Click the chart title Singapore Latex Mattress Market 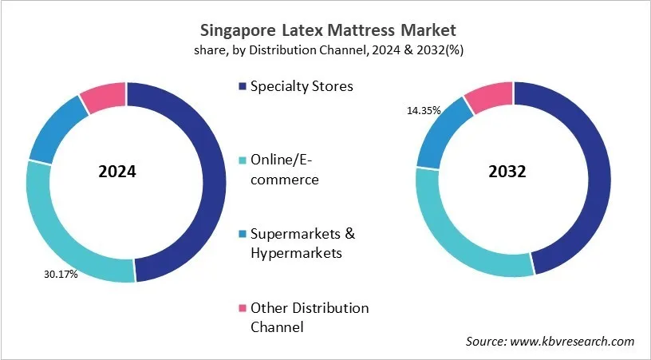pyautogui.click(x=325, y=31)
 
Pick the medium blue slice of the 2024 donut pyautogui.click(x=53, y=129)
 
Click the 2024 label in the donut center pyautogui.click(x=116, y=172)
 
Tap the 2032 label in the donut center pyautogui.click(x=507, y=172)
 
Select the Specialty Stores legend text pyautogui.click(x=302, y=86)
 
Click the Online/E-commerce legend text pyautogui.click(x=285, y=170)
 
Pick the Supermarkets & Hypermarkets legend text pyautogui.click(x=302, y=243)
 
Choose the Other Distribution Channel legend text pyautogui.click(x=310, y=317)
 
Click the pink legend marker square pyautogui.click(x=241, y=308)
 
